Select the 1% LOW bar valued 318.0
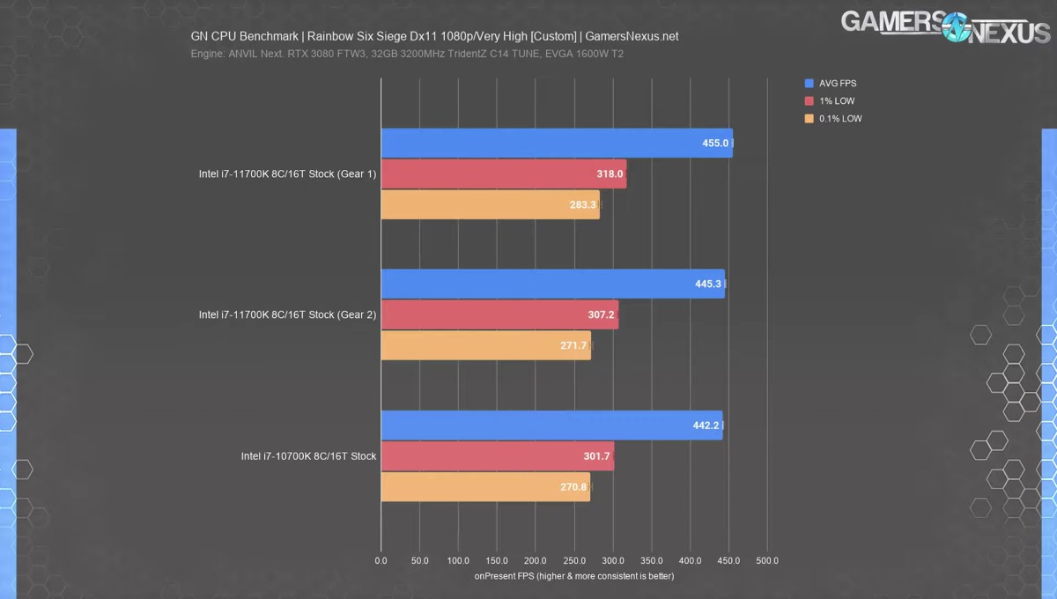tap(503, 174)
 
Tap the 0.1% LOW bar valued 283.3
tap(490, 204)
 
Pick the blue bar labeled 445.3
tap(552, 284)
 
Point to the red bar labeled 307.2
tap(499, 314)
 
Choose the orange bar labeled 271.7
tap(485, 345)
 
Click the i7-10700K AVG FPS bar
tap(551, 425)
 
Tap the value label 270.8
tap(573, 486)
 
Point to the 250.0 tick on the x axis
tap(574, 560)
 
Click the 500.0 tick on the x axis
tap(767, 560)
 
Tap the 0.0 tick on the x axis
tap(381, 560)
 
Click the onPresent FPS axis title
tap(573, 576)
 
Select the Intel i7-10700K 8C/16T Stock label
tap(308, 456)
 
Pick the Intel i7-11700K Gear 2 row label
tap(287, 314)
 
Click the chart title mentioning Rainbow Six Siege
tap(434, 37)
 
